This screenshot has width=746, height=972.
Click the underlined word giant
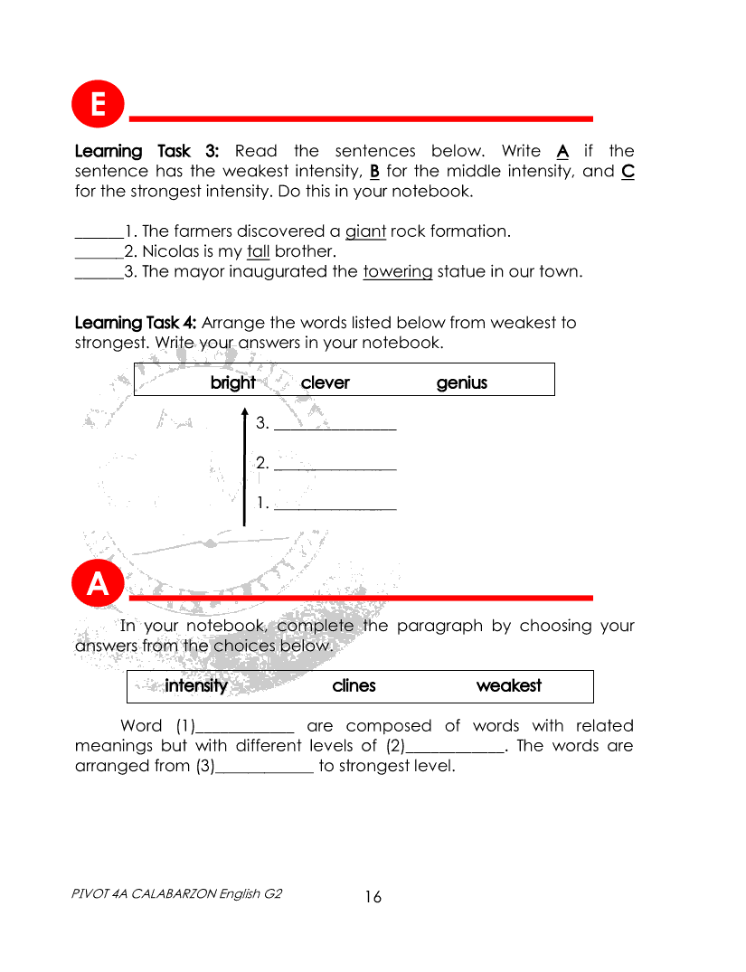(365, 231)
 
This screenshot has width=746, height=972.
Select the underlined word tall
(258, 251)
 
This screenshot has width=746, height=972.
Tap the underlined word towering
(397, 271)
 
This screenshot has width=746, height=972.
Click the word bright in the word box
(232, 382)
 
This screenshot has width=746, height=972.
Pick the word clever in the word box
(325, 382)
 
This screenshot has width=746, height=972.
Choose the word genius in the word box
(461, 382)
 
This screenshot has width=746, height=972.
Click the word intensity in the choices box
(196, 685)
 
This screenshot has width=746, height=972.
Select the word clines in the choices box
(354, 685)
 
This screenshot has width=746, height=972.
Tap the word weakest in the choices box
(509, 685)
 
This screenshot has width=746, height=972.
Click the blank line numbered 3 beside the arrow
(335, 426)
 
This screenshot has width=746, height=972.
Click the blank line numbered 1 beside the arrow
(335, 507)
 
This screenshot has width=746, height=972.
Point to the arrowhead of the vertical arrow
(244, 413)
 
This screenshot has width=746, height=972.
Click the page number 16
(373, 897)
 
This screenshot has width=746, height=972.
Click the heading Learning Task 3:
(146, 151)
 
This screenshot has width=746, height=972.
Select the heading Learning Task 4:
(136, 323)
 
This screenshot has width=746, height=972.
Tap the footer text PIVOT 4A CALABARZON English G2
(176, 893)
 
